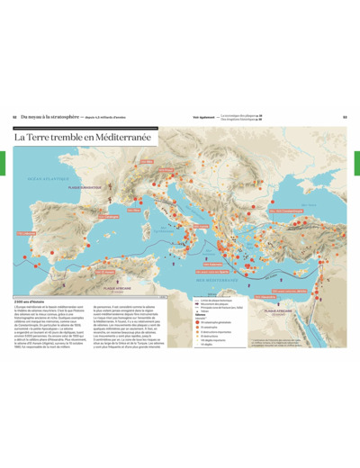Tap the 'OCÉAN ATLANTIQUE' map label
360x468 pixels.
tap(40, 179)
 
